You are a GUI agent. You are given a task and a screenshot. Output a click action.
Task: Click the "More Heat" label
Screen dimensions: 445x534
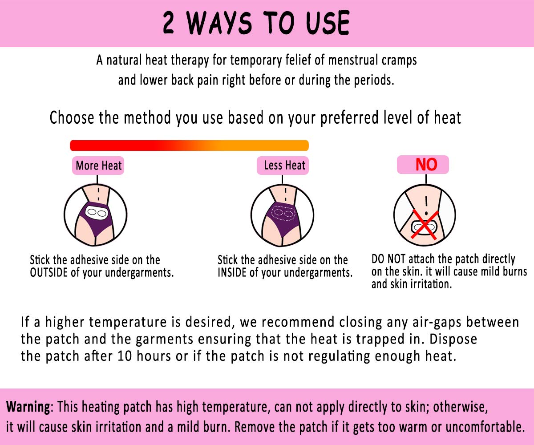(x=97, y=166)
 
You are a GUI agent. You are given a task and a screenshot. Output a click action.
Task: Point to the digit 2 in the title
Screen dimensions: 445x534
(x=169, y=23)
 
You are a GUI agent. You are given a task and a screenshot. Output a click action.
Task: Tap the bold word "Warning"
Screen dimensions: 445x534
(x=28, y=407)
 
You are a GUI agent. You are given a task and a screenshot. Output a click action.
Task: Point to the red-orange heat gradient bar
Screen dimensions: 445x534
(x=189, y=146)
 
